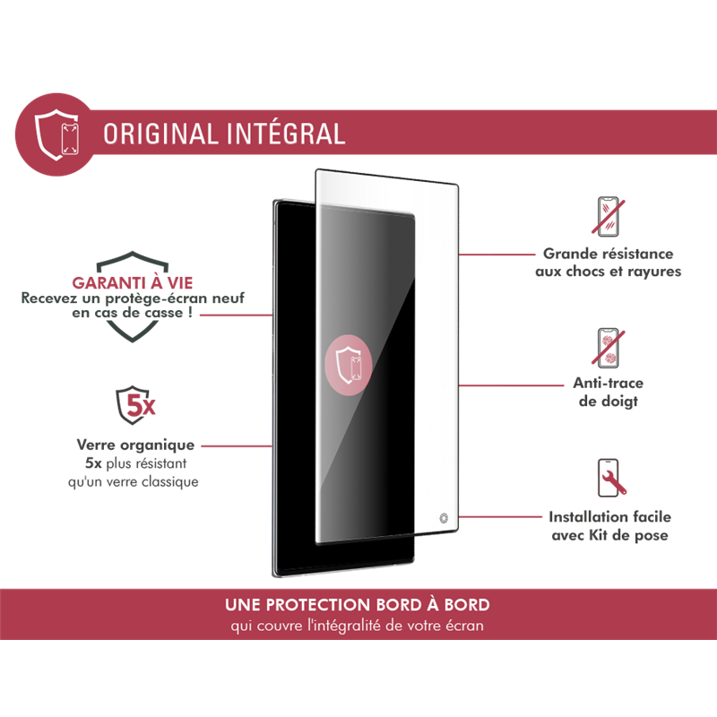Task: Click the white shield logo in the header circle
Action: pos(56,134)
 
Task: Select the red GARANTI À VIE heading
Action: pos(132,283)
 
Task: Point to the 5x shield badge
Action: pos(135,405)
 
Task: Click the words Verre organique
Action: pos(135,445)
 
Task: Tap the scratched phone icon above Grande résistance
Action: pos(609,216)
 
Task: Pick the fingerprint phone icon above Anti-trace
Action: pos(609,348)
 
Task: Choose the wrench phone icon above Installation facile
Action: pos(611,478)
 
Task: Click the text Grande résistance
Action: pos(609,254)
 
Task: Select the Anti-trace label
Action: pos(609,383)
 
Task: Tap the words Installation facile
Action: pos(610,517)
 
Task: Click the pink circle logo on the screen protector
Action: pos(349,365)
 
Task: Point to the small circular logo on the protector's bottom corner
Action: pos(443,518)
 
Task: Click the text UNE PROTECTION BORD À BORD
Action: pos(357,604)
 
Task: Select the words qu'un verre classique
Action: pos(133,481)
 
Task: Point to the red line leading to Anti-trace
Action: pos(511,385)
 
